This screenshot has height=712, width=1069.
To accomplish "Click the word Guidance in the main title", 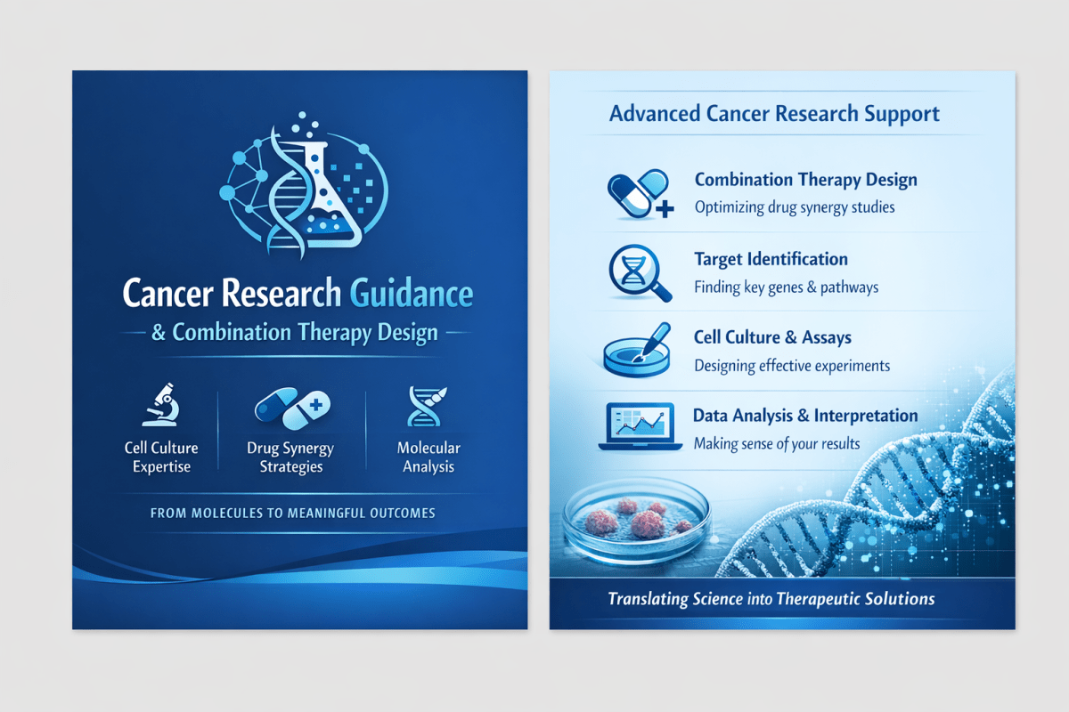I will [412, 293].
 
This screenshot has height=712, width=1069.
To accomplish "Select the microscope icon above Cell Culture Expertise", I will [161, 405].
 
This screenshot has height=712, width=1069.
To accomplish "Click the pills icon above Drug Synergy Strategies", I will [291, 407].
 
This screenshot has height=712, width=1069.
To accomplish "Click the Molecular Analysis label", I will [428, 457].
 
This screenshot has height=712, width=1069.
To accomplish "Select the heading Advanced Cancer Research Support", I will [773, 114].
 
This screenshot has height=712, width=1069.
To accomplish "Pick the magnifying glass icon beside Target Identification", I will [634, 271].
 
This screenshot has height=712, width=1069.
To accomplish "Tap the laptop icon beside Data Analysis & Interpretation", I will [634, 425].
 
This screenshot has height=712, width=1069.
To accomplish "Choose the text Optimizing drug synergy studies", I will [794, 207].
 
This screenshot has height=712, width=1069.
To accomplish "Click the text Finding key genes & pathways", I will [786, 287].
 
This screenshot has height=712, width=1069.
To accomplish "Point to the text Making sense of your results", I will [776, 443].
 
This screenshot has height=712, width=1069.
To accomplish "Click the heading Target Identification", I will [770, 259].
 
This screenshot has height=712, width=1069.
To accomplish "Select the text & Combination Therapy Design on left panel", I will [295, 333].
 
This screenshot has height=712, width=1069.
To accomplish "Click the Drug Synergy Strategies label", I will [291, 457].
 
